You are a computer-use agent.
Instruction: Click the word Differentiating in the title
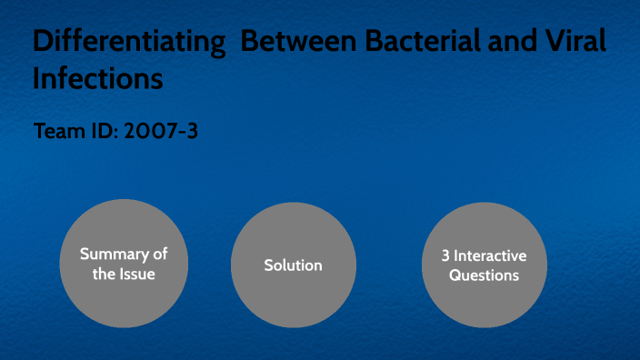(x=128, y=43)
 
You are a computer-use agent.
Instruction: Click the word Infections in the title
(x=98, y=79)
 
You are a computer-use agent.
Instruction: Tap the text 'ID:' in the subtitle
(x=107, y=131)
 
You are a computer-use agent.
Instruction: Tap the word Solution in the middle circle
(x=293, y=265)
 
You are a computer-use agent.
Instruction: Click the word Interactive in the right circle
(x=491, y=255)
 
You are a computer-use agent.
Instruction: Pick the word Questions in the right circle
(x=485, y=275)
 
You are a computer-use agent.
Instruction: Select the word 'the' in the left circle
(x=104, y=274)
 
